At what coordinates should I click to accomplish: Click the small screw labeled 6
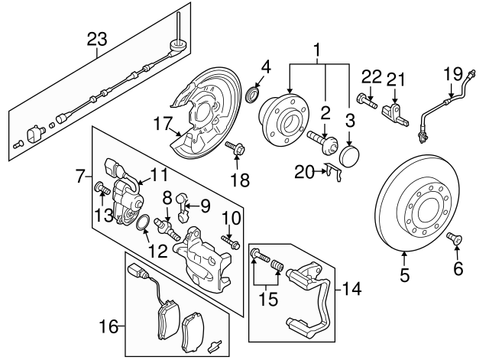coord(457,241)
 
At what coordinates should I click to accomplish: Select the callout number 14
coord(352,290)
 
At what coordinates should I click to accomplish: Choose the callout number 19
coord(453,74)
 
